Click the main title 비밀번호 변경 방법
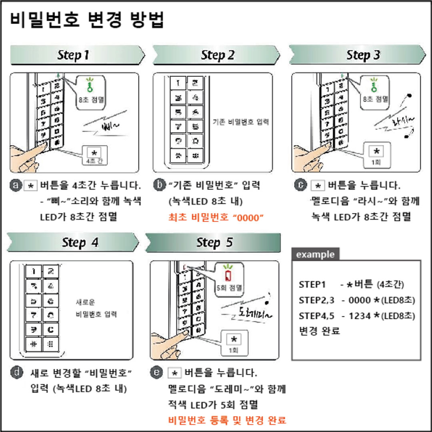(x=87, y=20)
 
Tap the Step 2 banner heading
(x=218, y=55)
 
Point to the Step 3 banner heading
(x=363, y=55)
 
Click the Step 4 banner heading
(x=80, y=243)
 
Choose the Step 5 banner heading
(x=214, y=243)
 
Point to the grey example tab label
(x=315, y=254)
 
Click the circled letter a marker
(x=16, y=186)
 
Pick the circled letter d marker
(x=17, y=372)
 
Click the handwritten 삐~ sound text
(x=110, y=127)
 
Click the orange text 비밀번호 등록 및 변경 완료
(x=227, y=420)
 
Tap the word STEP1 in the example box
(x=312, y=284)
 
